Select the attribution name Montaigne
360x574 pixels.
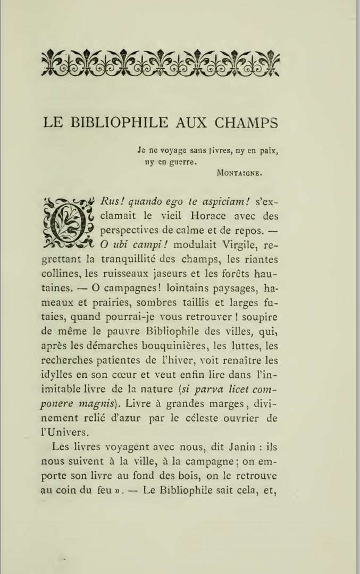point(241,172)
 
